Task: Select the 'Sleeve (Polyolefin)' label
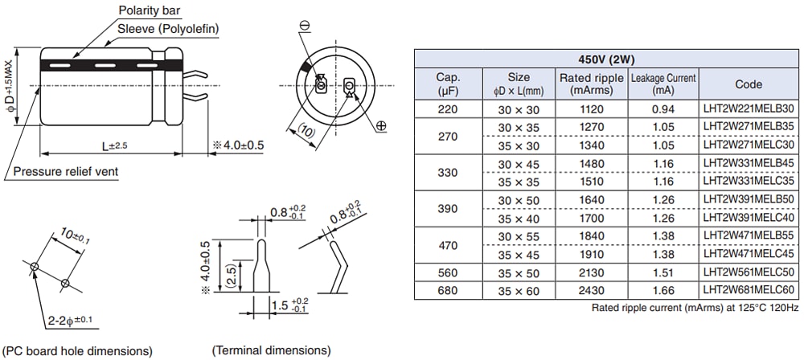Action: pos(168,29)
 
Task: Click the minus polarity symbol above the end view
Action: pos(305,27)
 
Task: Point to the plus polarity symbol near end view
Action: pos(380,125)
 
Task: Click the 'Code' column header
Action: pos(749,84)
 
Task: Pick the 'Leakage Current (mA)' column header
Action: pos(664,84)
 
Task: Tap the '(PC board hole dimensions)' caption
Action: pos(78,351)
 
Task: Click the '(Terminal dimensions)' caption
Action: pos(271,351)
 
